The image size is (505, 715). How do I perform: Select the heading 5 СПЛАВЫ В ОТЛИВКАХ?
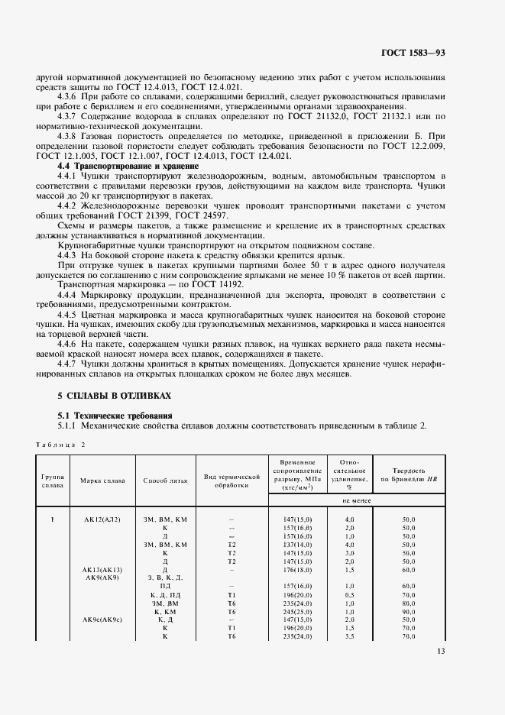tap(115, 396)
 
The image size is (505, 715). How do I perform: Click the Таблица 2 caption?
tap(61, 444)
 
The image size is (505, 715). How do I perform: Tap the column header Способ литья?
tap(165, 480)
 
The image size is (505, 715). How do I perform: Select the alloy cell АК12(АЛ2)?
tap(102, 519)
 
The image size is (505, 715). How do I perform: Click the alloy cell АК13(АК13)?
tap(102, 570)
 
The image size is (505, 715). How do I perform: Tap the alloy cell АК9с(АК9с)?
tap(102, 619)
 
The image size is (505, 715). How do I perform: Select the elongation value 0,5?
tap(348, 594)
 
